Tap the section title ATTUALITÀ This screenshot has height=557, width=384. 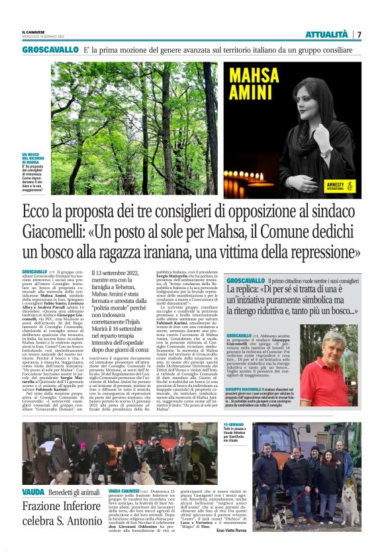tap(326, 34)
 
